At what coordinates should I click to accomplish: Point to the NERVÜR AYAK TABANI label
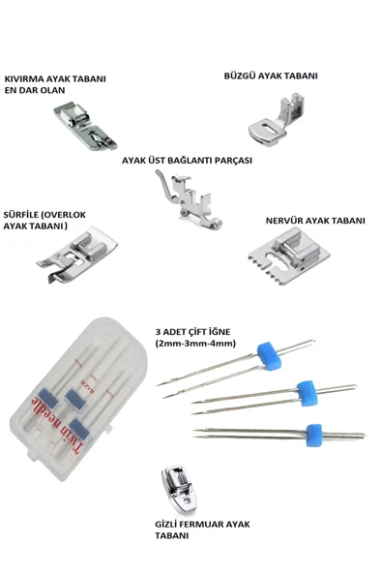[314, 220]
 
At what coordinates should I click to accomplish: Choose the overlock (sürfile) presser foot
[70, 252]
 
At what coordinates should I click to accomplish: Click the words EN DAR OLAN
[39, 92]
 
